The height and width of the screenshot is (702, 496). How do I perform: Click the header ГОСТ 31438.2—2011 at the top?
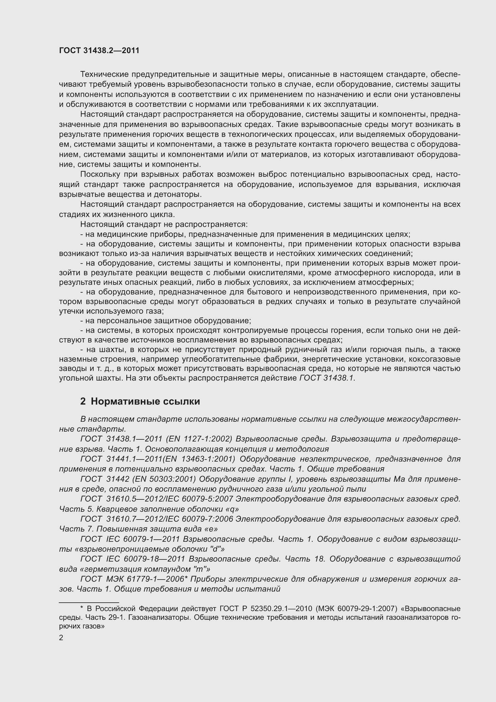(x=99, y=51)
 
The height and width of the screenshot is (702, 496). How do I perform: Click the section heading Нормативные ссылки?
(x=145, y=401)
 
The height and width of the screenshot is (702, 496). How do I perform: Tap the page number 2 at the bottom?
(x=61, y=638)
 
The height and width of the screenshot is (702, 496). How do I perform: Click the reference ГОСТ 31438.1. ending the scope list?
(x=327, y=378)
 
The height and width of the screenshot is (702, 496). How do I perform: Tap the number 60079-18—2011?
(x=154, y=559)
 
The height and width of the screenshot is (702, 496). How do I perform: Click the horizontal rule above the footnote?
(x=89, y=602)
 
